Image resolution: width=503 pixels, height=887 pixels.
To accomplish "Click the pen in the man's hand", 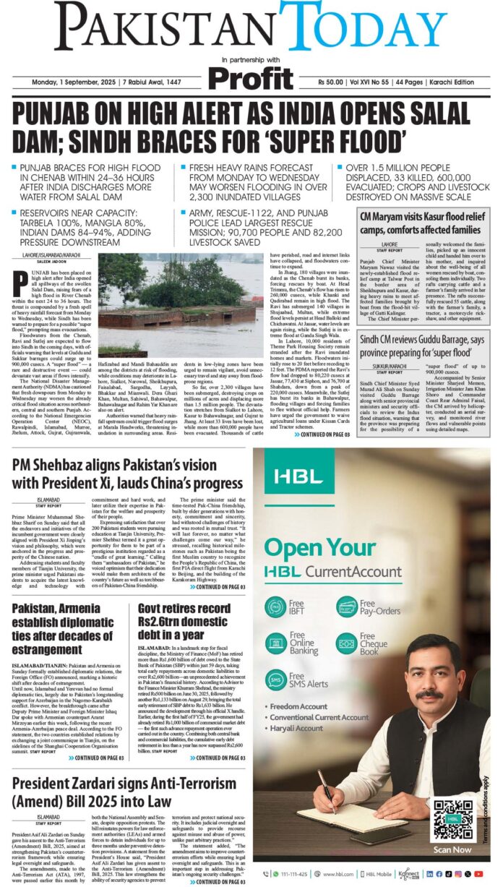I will [x=327, y=791].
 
